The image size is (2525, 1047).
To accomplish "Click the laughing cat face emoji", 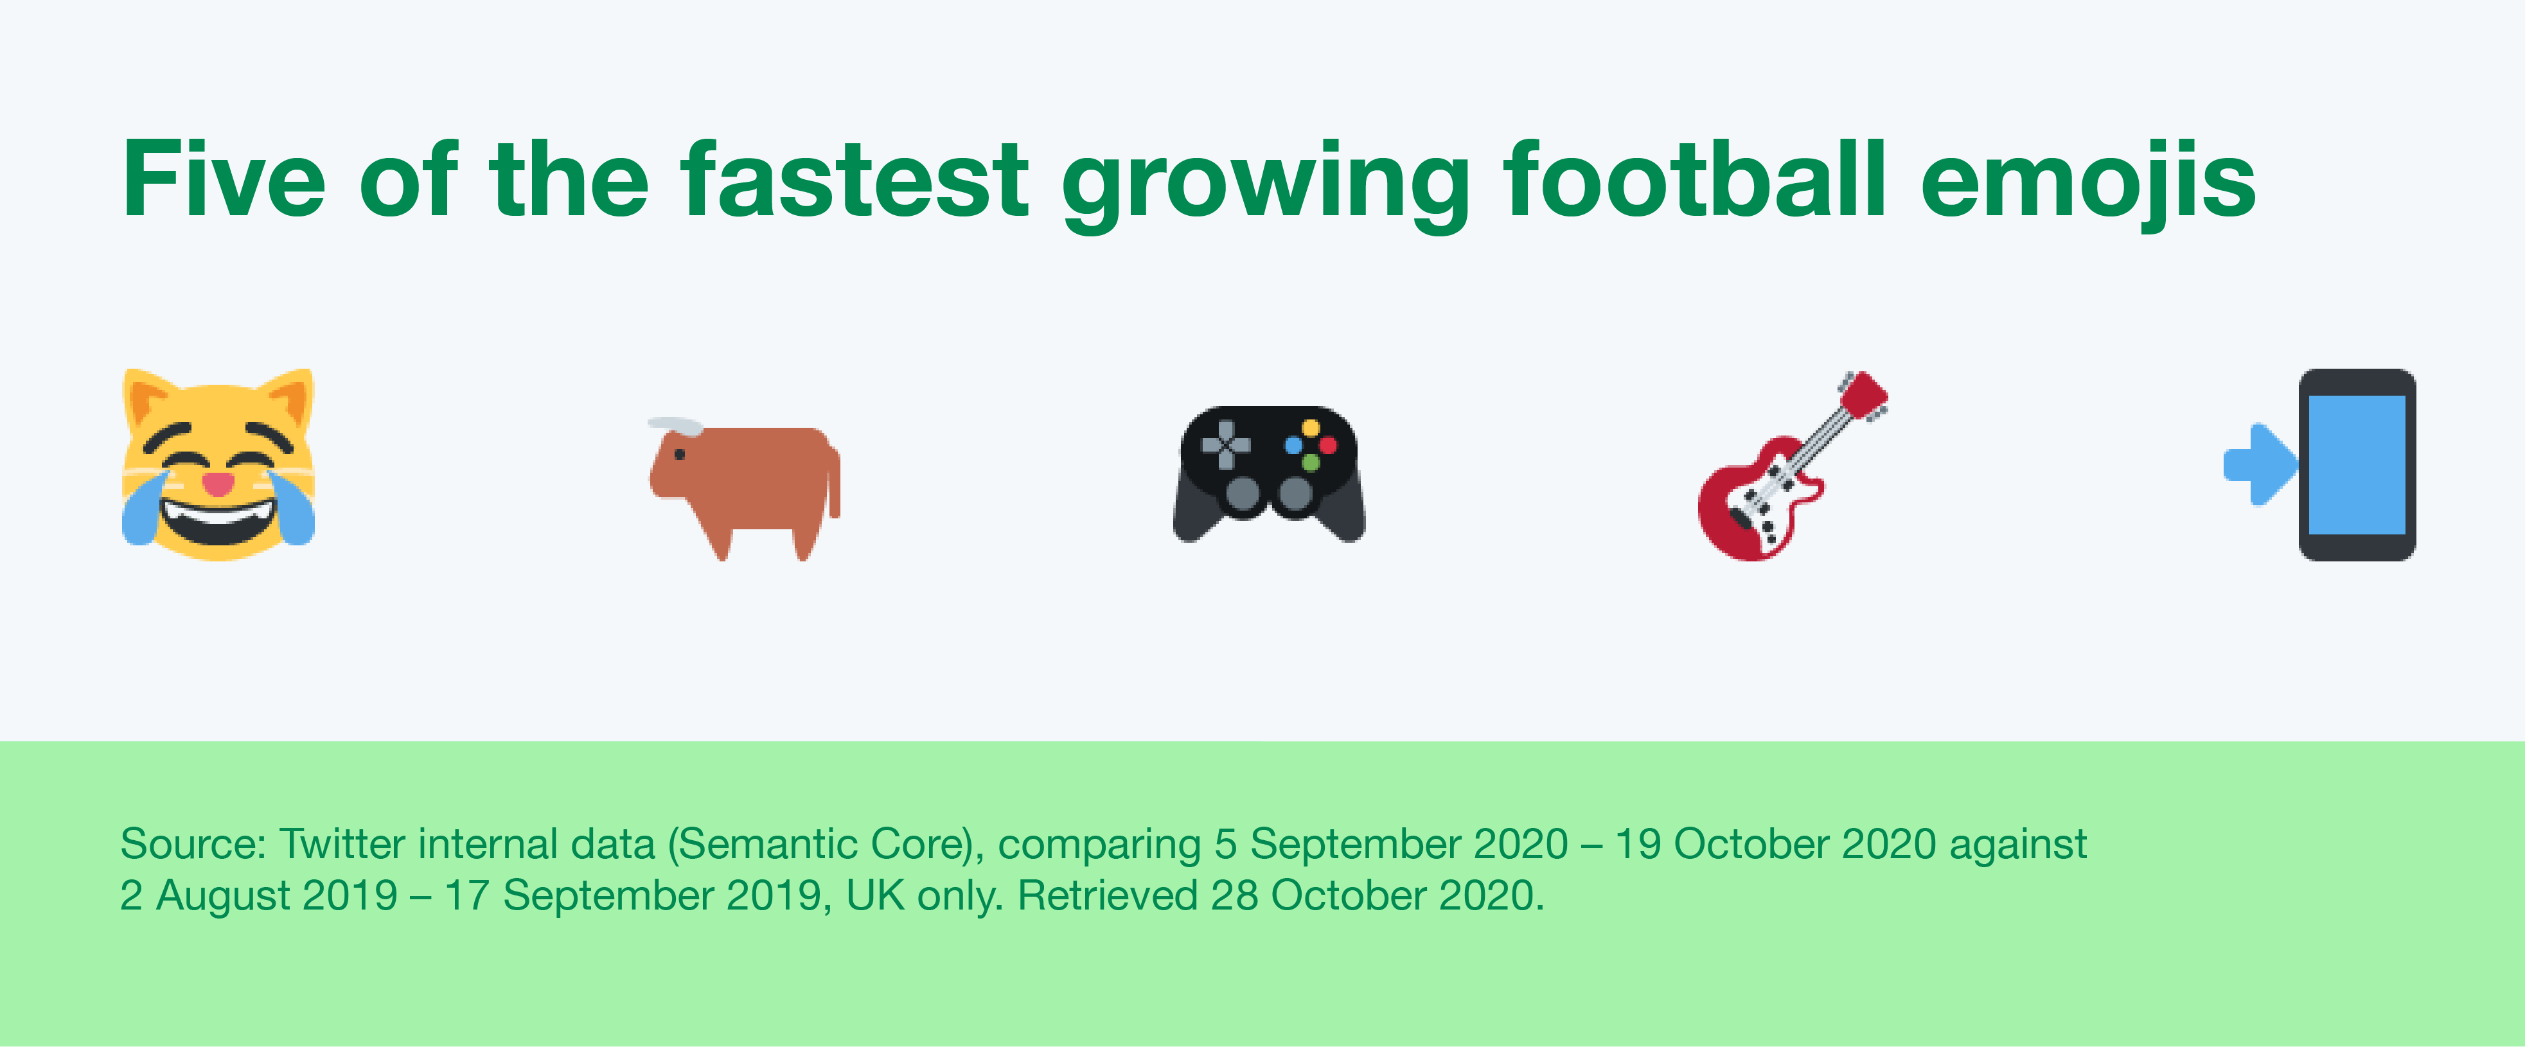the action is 218,464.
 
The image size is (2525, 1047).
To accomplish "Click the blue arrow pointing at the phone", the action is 2260,464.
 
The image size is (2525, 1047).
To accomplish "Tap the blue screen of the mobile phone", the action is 2357,464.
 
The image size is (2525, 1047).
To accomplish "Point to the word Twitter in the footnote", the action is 342,843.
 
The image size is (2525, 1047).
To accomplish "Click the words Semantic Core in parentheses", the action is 824,844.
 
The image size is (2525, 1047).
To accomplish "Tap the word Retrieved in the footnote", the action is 1106,895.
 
